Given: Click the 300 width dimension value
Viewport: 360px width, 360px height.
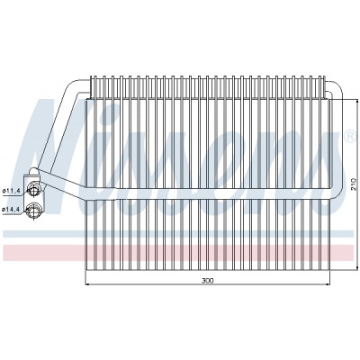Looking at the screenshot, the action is [208, 281].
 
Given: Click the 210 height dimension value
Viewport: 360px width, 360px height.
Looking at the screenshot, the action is [354, 184].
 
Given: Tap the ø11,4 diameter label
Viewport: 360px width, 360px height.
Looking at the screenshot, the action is [11, 190].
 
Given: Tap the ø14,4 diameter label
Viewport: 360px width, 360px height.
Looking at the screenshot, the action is [11, 210].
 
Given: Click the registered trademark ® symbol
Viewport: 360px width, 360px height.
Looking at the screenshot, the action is [350, 136].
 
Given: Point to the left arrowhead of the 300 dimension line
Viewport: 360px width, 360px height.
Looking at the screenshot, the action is [88, 283].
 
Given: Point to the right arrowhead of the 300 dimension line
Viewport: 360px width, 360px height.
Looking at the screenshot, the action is [328, 283].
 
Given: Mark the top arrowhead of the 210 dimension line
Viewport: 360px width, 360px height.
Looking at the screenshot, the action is [356, 102].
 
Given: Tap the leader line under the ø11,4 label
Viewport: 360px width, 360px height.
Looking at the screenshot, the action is [13, 194].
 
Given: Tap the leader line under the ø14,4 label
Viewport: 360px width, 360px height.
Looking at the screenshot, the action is [13, 213].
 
